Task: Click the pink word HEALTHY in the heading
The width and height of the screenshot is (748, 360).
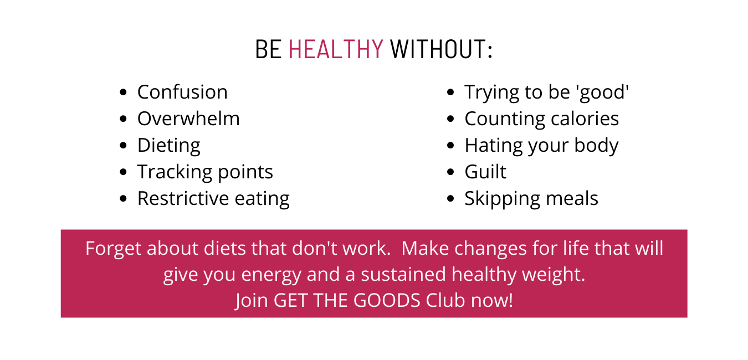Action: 336,49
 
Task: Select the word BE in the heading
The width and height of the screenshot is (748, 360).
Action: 268,49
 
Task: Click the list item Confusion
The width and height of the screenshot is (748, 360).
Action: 182,92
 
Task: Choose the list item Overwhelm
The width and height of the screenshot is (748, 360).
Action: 189,119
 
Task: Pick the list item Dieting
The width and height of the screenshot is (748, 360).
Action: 169,146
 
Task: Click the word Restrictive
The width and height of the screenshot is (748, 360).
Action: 183,198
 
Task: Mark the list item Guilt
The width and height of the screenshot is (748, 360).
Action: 485,172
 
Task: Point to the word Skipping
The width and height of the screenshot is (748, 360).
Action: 502,199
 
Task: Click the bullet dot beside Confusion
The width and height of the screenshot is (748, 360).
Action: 123,92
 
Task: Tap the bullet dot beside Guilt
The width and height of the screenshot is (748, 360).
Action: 450,172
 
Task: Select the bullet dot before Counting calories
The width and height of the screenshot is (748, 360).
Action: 450,119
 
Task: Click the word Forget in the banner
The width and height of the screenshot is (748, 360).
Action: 114,249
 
